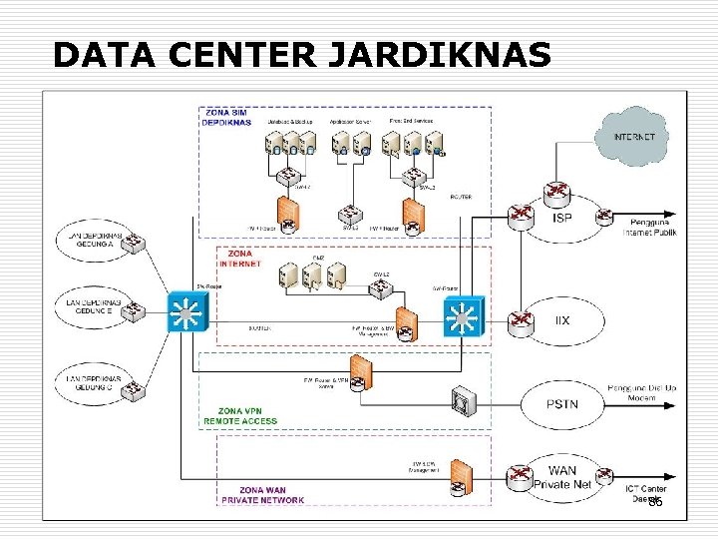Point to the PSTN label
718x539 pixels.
561,403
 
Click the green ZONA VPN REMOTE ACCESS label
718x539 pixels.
240,416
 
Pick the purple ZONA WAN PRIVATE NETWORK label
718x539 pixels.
244,495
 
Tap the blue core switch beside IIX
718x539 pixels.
461,318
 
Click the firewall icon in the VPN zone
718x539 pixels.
361,371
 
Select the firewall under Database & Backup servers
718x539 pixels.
288,213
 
